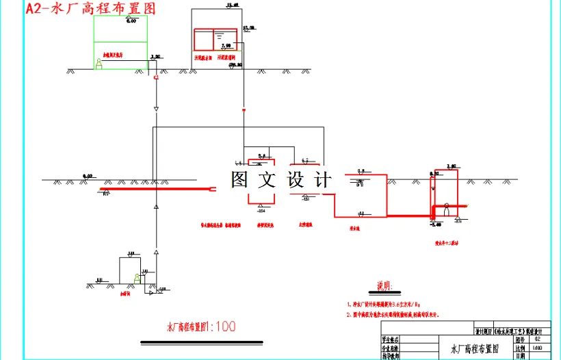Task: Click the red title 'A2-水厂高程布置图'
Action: pos(90,8)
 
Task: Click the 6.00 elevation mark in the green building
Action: pos(131,21)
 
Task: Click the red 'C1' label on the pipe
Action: pos(157,79)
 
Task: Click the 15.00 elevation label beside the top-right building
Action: pos(249,28)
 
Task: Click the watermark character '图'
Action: pos(242,180)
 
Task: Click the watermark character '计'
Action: pos(322,180)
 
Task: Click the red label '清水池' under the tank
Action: pos(356,228)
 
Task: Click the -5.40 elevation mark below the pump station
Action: pos(435,224)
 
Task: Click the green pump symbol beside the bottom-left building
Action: pos(138,279)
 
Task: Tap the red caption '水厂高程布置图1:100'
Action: pos(201,326)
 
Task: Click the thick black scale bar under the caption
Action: pos(201,341)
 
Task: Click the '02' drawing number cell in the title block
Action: pos(537,339)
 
